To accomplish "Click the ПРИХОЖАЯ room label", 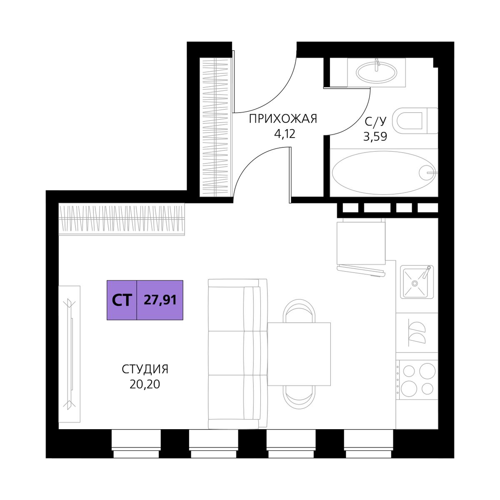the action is click(x=283, y=119).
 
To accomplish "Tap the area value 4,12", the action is click(x=285, y=134).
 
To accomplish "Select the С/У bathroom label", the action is click(x=376, y=121).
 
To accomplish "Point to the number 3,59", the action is click(x=375, y=137).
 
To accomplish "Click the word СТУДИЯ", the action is click(x=145, y=369).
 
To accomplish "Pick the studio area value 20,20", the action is click(x=145, y=384).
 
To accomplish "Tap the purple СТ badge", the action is click(x=122, y=300).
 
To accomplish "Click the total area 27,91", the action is click(x=160, y=300).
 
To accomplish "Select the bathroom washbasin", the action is click(x=377, y=71).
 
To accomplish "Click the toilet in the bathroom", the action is click(x=415, y=121).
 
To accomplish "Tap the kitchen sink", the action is click(x=417, y=282).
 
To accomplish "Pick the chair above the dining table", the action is click(x=299, y=311).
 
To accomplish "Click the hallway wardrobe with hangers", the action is click(x=216, y=127).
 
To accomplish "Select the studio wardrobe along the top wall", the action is click(x=122, y=219).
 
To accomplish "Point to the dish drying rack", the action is click(x=417, y=332).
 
